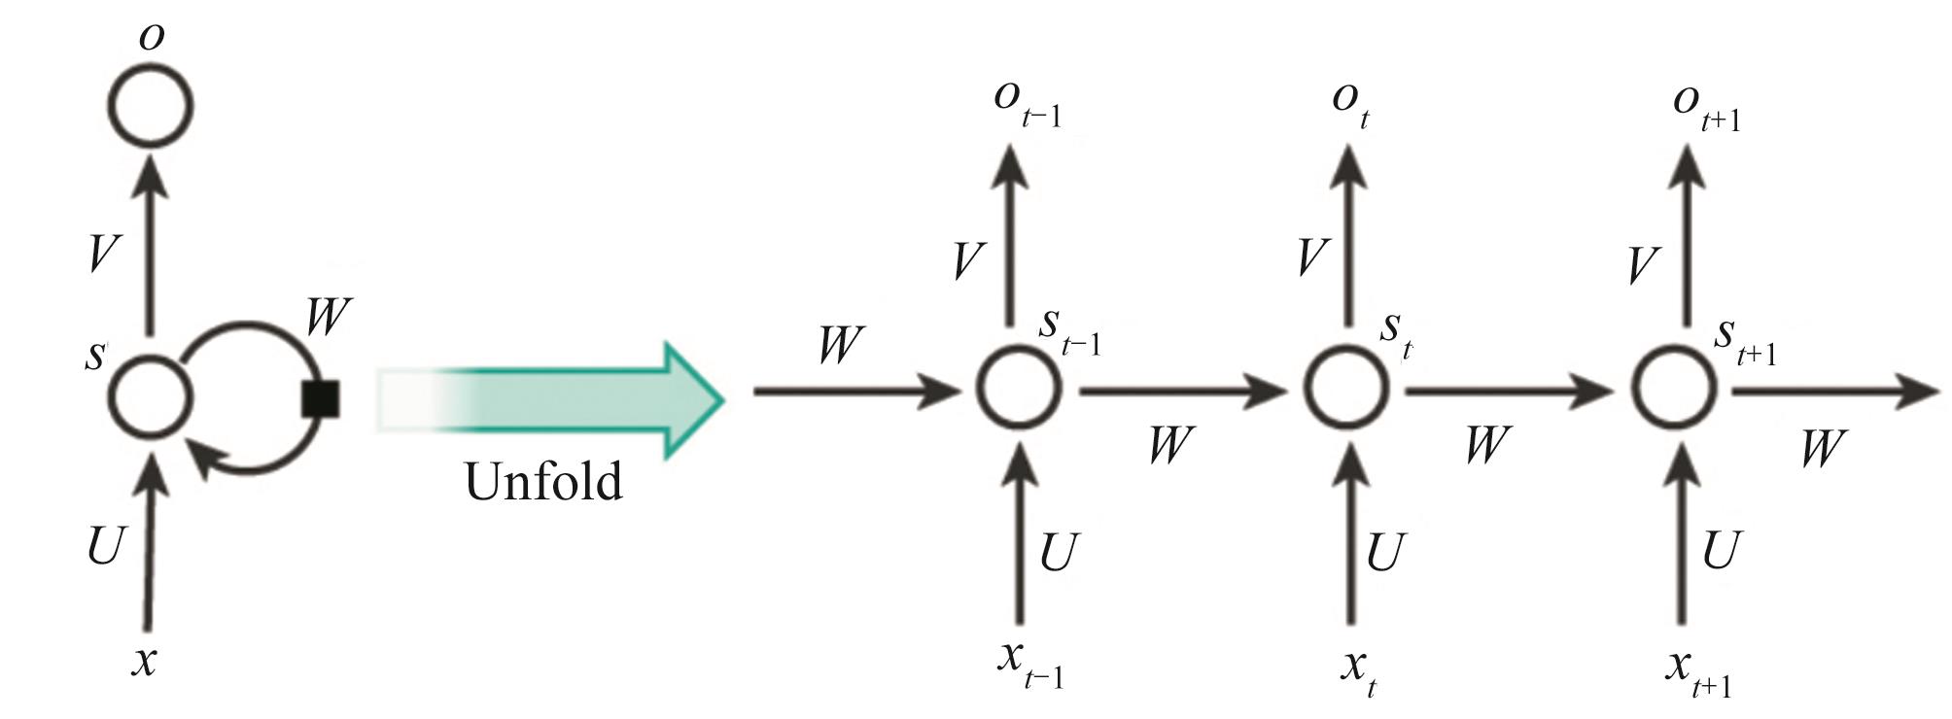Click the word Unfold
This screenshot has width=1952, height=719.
coord(542,481)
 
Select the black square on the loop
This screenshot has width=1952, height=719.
coord(320,399)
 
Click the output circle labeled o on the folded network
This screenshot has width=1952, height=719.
coord(150,103)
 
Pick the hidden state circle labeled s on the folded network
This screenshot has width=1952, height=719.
coord(150,397)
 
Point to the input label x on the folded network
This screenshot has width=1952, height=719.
coord(144,661)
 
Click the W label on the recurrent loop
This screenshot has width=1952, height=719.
coord(327,316)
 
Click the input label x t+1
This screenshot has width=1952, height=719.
coord(1696,670)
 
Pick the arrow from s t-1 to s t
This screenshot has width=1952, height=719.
coord(1181,392)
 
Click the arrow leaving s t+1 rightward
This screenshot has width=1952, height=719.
coord(1832,392)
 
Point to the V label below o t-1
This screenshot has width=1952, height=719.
coord(967,260)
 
